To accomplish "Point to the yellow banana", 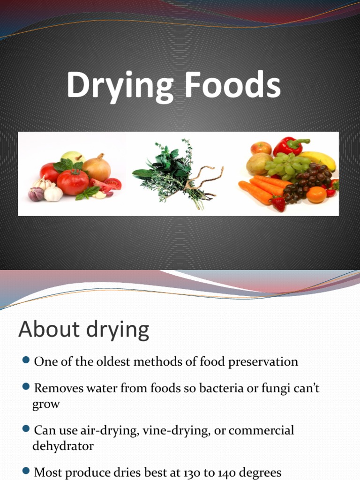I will click(x=322, y=160).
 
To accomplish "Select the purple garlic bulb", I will click(x=36, y=194).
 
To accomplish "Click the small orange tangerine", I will click(x=316, y=195).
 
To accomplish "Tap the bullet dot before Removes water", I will click(x=26, y=388).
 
